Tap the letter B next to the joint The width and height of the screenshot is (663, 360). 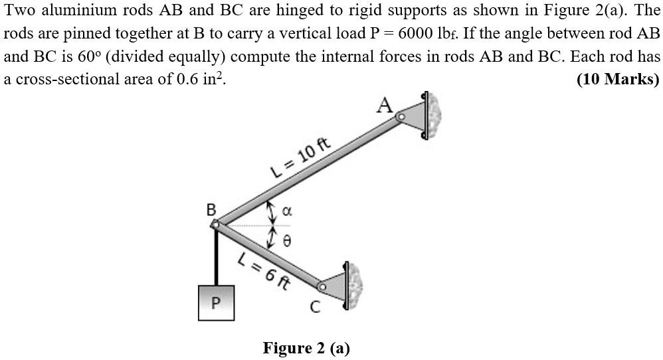point(211,210)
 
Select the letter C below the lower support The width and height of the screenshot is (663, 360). point(316,308)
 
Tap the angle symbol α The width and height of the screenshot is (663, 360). point(287,212)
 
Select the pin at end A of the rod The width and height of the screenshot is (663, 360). point(401,117)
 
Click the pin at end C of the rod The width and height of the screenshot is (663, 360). point(322,288)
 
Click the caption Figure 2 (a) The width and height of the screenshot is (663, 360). point(306,348)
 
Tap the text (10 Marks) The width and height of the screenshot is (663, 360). point(617,79)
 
